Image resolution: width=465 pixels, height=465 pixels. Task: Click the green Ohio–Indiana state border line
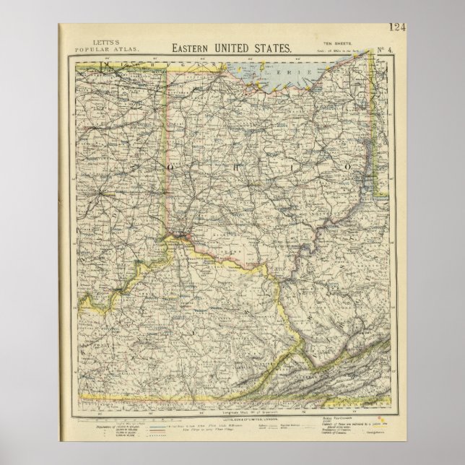point(170,144)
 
